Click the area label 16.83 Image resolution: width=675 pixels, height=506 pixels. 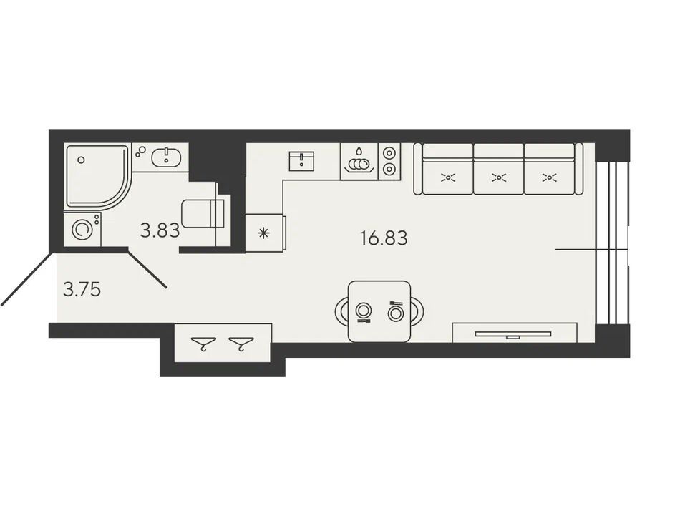click(x=384, y=238)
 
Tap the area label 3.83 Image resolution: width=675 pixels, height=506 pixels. click(x=160, y=231)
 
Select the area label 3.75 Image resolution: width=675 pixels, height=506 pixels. click(x=82, y=290)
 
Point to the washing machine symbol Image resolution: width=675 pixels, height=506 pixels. click(x=82, y=229)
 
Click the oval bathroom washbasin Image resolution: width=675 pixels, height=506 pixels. click(x=166, y=157)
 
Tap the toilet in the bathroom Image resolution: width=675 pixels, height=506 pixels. click(x=203, y=213)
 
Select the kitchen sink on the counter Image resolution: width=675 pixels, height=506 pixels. click(x=301, y=161)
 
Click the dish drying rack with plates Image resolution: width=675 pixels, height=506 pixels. click(x=359, y=161)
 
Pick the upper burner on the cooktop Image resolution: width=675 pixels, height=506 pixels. click(x=389, y=152)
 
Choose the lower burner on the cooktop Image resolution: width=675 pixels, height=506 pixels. click(x=389, y=169)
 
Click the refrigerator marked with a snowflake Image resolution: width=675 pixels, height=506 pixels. click(x=264, y=233)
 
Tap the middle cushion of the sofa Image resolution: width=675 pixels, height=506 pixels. click(x=498, y=169)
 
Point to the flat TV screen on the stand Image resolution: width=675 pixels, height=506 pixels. click(x=513, y=334)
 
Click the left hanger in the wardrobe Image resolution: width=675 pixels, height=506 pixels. click(x=204, y=344)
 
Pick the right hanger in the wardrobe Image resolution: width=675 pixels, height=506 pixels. click(x=241, y=344)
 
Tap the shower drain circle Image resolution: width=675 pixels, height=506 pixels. click(x=81, y=160)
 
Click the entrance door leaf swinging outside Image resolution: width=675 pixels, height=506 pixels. click(x=26, y=279)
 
